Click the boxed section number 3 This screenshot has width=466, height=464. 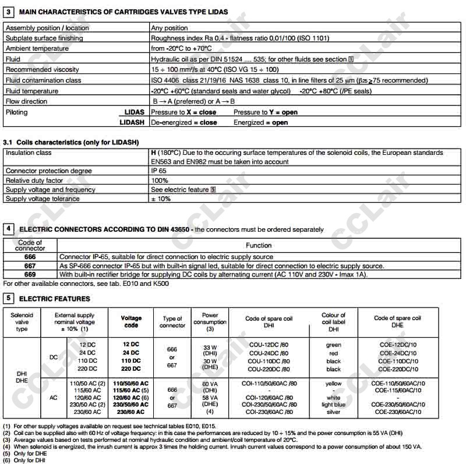tap(8, 12)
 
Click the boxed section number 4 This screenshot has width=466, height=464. tap(8, 229)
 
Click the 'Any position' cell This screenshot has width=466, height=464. tap(170, 28)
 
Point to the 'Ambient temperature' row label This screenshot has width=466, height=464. tap(37, 49)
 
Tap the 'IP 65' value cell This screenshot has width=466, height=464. tap(160, 171)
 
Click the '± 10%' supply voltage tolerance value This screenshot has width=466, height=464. tap(161, 199)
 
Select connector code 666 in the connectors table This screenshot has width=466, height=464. tap(30, 257)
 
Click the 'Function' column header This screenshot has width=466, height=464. tap(259, 246)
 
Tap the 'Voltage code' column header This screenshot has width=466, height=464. tap(131, 322)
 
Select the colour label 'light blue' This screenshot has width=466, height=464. tap(333, 404)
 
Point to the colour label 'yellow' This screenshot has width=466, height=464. tap(333, 384)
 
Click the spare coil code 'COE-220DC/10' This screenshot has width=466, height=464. tap(397, 369)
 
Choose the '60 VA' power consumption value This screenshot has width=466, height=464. tap(209, 384)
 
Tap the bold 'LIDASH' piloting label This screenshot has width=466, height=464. tap(133, 123)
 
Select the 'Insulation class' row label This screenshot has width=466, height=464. tap(29, 153)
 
